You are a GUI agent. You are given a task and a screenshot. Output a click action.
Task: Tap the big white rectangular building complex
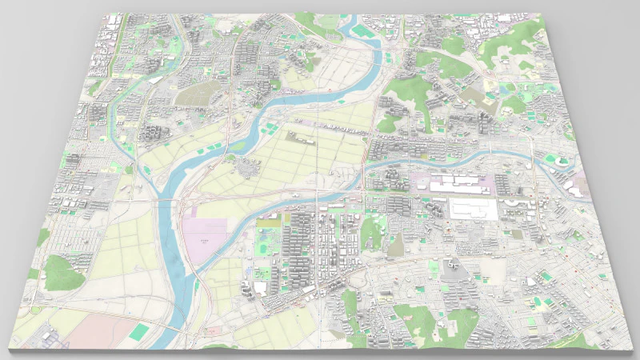click(x=472, y=210)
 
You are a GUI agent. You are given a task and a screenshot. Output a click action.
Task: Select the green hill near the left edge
click(x=62, y=272)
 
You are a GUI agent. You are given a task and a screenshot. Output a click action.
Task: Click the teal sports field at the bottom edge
click(x=141, y=330)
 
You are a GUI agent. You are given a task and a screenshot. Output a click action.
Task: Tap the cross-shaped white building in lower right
click(x=451, y=264)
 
